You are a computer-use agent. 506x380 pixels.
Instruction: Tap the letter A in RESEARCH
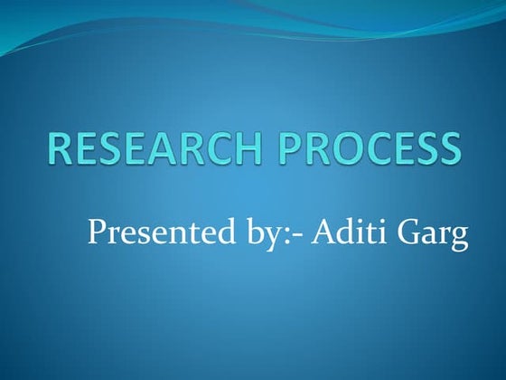(x=172, y=148)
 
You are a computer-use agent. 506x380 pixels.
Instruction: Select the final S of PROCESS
(x=445, y=148)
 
